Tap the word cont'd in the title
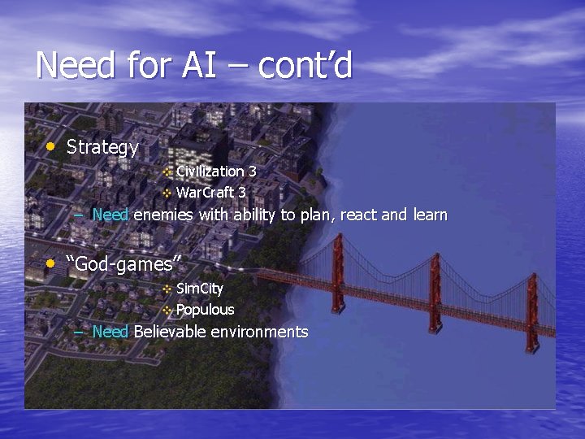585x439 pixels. (x=305, y=65)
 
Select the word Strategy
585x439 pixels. (x=102, y=148)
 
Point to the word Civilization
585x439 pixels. (x=210, y=172)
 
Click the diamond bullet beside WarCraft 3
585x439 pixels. (x=167, y=193)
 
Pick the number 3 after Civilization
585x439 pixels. (x=253, y=172)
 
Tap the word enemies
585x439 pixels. (x=163, y=215)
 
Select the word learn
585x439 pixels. (x=429, y=215)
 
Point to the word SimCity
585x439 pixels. (x=200, y=289)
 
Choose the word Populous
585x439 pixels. (x=205, y=310)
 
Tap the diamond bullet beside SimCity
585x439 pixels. (x=167, y=289)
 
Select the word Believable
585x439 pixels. (x=170, y=332)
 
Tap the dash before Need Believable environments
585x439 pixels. (x=79, y=333)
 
